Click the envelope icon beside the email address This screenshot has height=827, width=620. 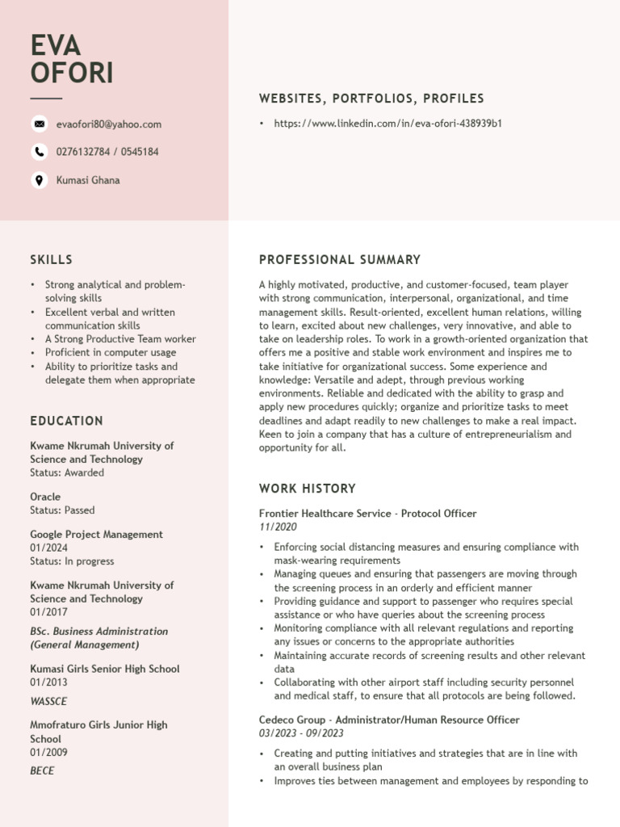[39, 124]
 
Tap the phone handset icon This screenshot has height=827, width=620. [39, 152]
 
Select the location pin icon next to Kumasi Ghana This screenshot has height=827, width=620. [39, 180]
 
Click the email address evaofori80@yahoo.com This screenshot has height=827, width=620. [109, 124]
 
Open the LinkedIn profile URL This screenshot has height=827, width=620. [388, 124]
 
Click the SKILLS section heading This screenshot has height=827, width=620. [51, 260]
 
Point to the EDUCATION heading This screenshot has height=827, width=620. [66, 421]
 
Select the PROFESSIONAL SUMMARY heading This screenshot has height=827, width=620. [340, 260]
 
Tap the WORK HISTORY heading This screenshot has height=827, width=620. [308, 489]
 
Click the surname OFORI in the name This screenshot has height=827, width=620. [72, 73]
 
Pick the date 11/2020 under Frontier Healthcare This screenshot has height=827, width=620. [278, 527]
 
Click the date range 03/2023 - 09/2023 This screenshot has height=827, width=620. [301, 733]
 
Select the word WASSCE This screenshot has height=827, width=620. [48, 701]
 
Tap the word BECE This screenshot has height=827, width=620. [42, 770]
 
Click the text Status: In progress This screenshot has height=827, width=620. [72, 561]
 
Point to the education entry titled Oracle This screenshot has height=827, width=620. [45, 497]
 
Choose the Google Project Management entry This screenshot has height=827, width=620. [96, 534]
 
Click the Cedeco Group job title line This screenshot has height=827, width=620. [389, 720]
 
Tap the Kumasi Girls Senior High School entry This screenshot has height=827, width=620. [105, 669]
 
